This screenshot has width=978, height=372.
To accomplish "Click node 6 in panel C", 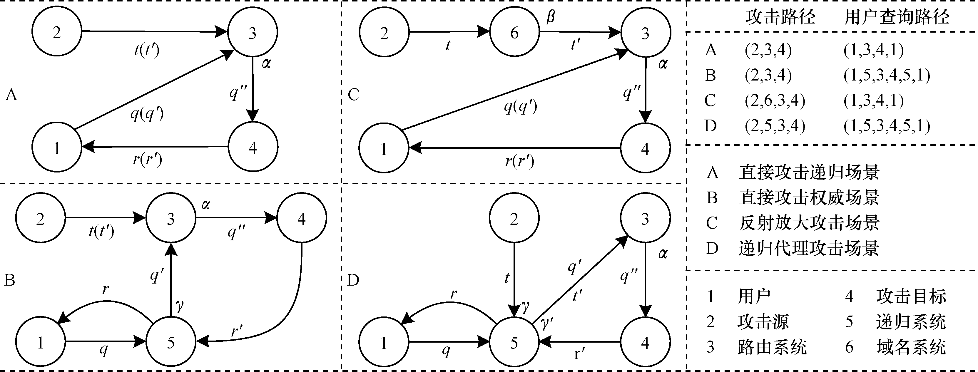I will pyautogui.click(x=514, y=33).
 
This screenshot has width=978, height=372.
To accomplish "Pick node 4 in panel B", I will pyautogui.click(x=301, y=219).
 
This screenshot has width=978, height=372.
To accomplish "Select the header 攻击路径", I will pyautogui.click(x=780, y=17).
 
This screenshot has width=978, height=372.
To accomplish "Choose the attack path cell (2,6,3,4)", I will pyautogui.click(x=775, y=100).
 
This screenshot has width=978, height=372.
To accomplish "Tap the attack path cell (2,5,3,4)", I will pyautogui.click(x=775, y=126).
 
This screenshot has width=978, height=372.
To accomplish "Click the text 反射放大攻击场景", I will pyautogui.click(x=809, y=223).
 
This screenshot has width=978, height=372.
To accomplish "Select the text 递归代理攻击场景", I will pyautogui.click(x=809, y=248).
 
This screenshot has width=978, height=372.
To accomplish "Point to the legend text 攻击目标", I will pyautogui.click(x=911, y=296).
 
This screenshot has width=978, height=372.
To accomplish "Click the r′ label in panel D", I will pyautogui.click(x=579, y=354).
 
